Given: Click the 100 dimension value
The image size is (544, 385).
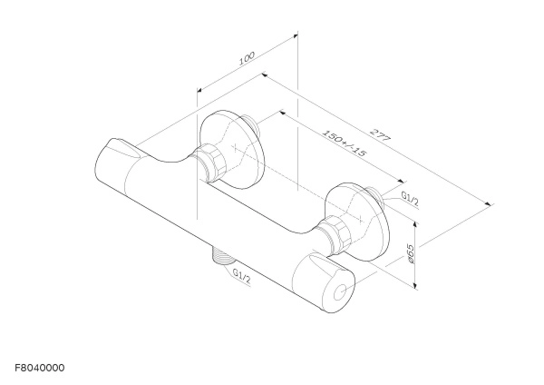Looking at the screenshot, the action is click(247, 58).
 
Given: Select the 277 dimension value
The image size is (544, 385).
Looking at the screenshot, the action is click(381, 134).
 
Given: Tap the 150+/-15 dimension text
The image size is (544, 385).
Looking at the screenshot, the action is click(345, 143).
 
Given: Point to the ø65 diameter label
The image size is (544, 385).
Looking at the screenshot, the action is click(410, 253).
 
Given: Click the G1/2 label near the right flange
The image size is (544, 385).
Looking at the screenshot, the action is click(410, 198).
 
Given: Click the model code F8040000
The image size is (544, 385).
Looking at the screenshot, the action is click(40, 368).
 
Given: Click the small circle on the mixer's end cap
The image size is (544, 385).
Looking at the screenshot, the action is click(340, 292).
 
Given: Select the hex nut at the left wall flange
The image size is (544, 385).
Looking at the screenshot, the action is click(212, 162).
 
